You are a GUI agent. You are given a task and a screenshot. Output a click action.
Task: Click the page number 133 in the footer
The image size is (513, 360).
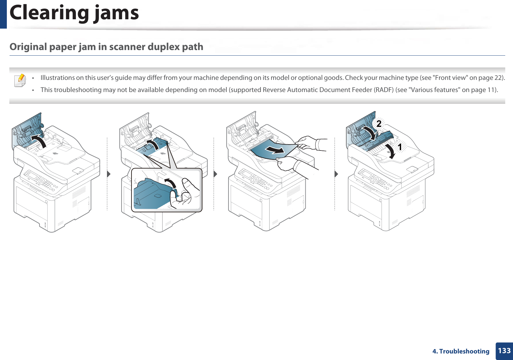coord(504,351)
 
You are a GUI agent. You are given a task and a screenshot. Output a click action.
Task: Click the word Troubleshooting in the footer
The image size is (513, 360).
coord(464,351)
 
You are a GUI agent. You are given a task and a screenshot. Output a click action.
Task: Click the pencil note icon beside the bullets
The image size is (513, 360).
coord(20,80)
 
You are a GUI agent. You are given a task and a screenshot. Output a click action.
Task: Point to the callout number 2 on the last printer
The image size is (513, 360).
coord(379,124)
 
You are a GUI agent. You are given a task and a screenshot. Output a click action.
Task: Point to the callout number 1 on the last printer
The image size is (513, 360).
coord(400,147)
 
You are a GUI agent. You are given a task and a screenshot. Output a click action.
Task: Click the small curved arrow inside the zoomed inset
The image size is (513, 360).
coord(170,183)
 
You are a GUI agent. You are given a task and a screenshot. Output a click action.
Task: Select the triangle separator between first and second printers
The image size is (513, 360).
coord(109,174)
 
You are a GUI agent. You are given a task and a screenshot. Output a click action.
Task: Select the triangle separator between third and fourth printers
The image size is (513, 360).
coord(336,174)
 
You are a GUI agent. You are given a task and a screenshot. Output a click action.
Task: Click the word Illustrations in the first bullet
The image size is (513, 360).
coord(58,78)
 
